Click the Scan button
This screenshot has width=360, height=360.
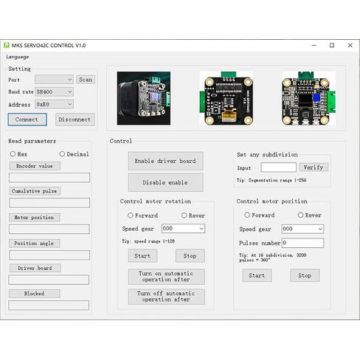pyautogui.click(x=86, y=80)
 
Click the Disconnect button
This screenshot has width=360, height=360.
pyautogui.click(x=75, y=120)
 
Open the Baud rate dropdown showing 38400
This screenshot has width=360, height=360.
pyautogui.click(x=54, y=92)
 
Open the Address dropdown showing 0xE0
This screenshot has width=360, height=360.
pyautogui.click(x=54, y=104)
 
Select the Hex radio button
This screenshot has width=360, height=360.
pyautogui.click(x=13, y=154)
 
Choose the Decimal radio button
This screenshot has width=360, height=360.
pyautogui.click(x=62, y=154)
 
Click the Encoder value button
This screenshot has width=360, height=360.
pyautogui.click(x=35, y=166)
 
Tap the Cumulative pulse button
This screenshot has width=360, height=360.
pyautogui.click(x=35, y=191)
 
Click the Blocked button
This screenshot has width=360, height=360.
pyautogui.click(x=35, y=294)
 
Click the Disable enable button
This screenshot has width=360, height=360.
pyautogui.click(x=165, y=182)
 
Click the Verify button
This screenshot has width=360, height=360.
pyautogui.click(x=314, y=167)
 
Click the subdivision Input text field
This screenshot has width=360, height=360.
pyautogui.click(x=278, y=167)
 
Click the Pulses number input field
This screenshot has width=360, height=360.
pyautogui.click(x=302, y=243)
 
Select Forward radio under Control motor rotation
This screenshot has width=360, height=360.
pyautogui.click(x=131, y=215)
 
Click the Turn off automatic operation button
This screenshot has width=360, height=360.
pyautogui.click(x=166, y=297)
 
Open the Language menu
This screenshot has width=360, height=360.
pyautogui.click(x=18, y=57)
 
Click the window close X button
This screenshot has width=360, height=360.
pyautogui.click(x=350, y=45)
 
